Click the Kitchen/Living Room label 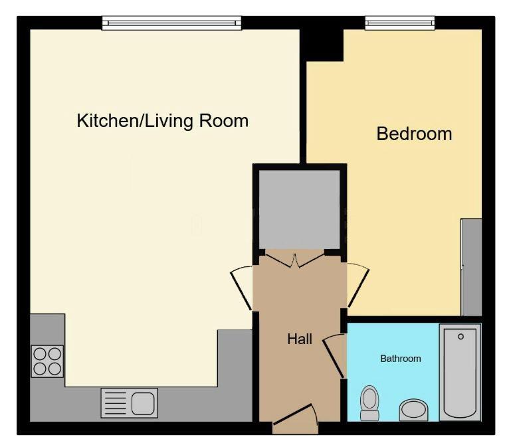tap(163, 121)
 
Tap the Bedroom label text tap(414, 134)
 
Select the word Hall tap(300, 339)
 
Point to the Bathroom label tap(401, 359)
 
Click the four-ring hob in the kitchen tap(47, 361)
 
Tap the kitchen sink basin tap(143, 403)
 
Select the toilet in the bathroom tap(369, 403)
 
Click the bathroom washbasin tap(413, 410)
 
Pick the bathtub tap(460, 373)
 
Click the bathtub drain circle tap(460, 337)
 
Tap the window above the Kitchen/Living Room tap(171, 23)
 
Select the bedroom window tap(400, 23)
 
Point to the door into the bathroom tap(334, 356)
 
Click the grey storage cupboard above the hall tap(299, 209)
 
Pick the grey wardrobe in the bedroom tap(471, 267)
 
